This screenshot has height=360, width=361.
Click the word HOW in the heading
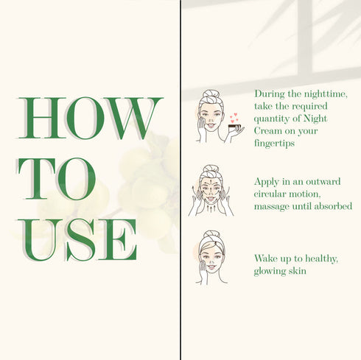(x=90, y=118)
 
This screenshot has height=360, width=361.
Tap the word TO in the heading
(x=56, y=179)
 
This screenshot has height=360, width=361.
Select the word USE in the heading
(x=77, y=240)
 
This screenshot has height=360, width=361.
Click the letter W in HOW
(x=133, y=118)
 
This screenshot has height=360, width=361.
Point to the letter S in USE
(x=80, y=240)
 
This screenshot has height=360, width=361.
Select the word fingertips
(x=274, y=143)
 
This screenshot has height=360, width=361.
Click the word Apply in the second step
(x=267, y=183)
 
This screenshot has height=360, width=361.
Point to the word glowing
(x=268, y=272)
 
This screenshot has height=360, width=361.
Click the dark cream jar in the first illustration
(x=235, y=127)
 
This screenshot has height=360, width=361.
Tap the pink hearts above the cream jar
(x=234, y=118)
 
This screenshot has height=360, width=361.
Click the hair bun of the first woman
(x=211, y=93)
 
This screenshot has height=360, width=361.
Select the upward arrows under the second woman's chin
(x=210, y=208)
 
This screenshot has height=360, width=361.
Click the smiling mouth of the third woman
(x=211, y=267)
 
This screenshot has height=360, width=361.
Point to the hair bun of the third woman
(x=211, y=234)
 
